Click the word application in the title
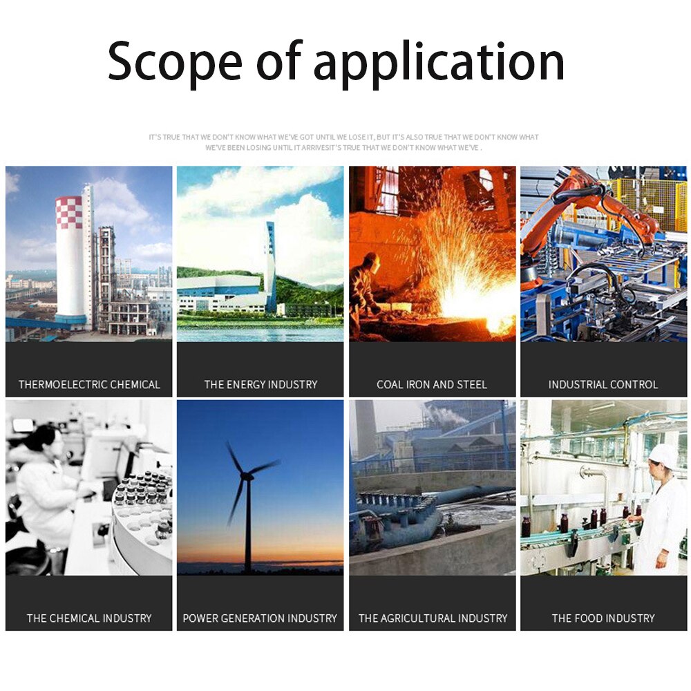[x=439, y=63]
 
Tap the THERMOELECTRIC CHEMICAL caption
[x=89, y=385]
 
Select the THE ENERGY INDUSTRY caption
[x=261, y=385]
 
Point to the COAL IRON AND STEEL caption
[x=432, y=385]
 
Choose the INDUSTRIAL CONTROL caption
[x=603, y=385]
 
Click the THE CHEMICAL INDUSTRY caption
[x=89, y=618]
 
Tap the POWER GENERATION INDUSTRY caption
[x=260, y=618]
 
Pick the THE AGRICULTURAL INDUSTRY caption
[x=433, y=618]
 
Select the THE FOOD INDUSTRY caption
[x=603, y=618]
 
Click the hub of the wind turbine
[x=247, y=476]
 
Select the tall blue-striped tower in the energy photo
[x=270, y=267]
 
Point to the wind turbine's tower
[x=247, y=524]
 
